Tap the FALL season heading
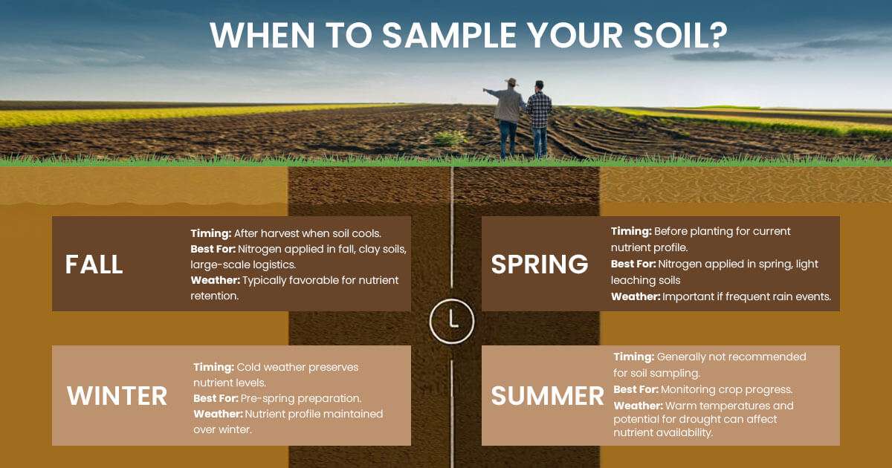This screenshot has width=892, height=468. [x=94, y=264]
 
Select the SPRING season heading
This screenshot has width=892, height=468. [x=540, y=264]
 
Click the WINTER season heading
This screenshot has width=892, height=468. [x=117, y=395]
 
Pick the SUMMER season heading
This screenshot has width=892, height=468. [x=547, y=395]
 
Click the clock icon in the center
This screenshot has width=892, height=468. [x=452, y=320]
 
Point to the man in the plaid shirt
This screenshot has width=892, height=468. [x=539, y=117]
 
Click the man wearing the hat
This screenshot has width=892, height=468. [x=509, y=115]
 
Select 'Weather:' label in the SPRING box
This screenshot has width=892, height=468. [x=635, y=296]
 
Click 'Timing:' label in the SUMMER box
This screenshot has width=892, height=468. [x=633, y=357]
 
